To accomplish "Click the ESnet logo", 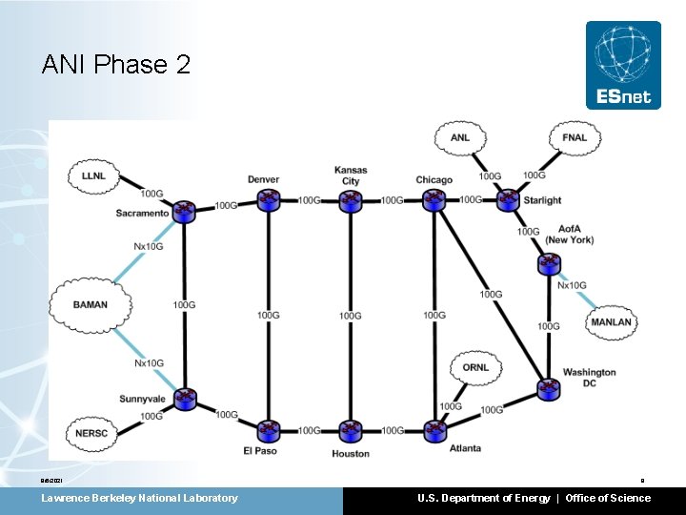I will click(623, 66).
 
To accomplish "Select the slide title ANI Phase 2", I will click(116, 65).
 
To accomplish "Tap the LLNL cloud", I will click(93, 176).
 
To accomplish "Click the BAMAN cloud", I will click(91, 305).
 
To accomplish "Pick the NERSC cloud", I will click(92, 434).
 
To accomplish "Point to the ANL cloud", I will click(460, 138).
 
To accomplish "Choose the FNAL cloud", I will click(575, 138).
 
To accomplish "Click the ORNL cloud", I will click(475, 368).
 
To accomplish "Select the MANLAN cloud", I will click(611, 322).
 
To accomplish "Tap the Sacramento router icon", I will click(185, 211).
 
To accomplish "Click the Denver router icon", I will click(268, 200).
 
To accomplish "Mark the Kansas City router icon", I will click(351, 200).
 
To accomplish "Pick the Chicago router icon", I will click(434, 200).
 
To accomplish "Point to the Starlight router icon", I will click(508, 200).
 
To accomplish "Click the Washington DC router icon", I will click(549, 388).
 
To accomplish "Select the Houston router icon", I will click(351, 431).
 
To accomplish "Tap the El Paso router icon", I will click(268, 431).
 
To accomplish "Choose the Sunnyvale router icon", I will click(185, 399).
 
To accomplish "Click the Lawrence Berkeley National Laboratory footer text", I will click(139, 498).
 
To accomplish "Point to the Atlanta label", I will click(466, 448).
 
